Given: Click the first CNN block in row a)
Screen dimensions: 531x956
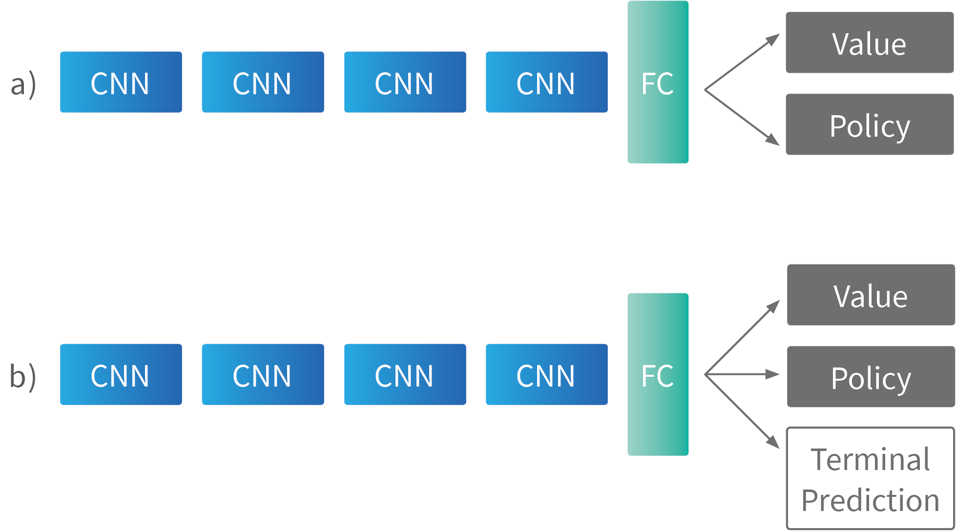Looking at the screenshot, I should [x=121, y=82].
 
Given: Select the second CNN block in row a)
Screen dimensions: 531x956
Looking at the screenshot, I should [x=263, y=82].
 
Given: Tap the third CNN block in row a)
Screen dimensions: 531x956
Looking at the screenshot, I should [x=405, y=82].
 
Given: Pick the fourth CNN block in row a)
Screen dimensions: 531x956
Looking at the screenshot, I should [x=546, y=82].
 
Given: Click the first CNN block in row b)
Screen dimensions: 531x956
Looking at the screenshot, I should [x=121, y=374].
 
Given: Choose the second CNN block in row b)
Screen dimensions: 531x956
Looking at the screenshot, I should [x=263, y=374].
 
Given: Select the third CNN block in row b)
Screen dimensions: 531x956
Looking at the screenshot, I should [x=405, y=374].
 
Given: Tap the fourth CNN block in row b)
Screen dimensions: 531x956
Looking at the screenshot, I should [x=546, y=374].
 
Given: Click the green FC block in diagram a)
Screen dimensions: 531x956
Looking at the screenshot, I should [x=658, y=82].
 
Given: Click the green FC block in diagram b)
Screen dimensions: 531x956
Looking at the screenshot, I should [x=658, y=374].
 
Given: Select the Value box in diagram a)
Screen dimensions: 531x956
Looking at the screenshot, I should [x=869, y=43].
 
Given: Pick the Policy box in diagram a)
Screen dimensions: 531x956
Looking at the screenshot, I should [x=869, y=124].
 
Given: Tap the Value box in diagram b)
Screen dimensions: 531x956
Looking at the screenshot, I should [x=871, y=295].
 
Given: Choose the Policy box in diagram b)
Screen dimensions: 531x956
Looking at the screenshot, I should [x=871, y=377].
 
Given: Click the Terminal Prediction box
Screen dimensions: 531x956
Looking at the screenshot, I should [x=871, y=479].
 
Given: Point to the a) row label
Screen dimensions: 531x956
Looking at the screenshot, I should [x=23, y=84].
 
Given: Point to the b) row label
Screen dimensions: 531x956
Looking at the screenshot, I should [x=23, y=376].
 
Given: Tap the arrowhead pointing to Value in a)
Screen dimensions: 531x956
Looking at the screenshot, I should [x=773, y=39].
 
